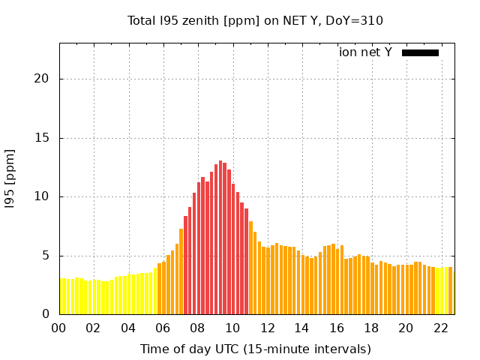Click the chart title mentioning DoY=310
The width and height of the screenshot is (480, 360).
tap(255, 20)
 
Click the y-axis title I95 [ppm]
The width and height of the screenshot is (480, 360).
tap(10, 178)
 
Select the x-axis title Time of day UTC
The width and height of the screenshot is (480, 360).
tap(255, 349)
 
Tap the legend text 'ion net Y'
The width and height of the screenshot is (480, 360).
tap(365, 52)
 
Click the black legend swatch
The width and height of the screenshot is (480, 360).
tap(420, 52)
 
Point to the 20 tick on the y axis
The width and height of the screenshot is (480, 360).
tap(43, 79)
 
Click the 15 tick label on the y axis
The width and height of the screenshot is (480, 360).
tap(43, 138)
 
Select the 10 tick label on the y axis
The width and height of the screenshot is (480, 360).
tap(43, 196)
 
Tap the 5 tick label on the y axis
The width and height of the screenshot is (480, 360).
tap(46, 255)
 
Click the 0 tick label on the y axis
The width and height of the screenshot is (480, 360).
tap(46, 314)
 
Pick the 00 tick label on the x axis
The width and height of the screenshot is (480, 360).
tap(59, 328)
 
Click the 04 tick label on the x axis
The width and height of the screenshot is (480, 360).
tap(128, 328)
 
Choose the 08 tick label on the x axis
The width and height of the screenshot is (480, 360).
tap(198, 328)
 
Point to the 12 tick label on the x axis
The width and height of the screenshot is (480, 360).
tap(268, 328)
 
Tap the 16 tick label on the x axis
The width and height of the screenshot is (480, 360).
tap(337, 328)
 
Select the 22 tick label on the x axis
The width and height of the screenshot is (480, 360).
tap(441, 328)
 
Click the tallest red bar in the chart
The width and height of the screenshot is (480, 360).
tap(220, 240)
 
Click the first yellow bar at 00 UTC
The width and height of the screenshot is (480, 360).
tap(61, 297)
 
